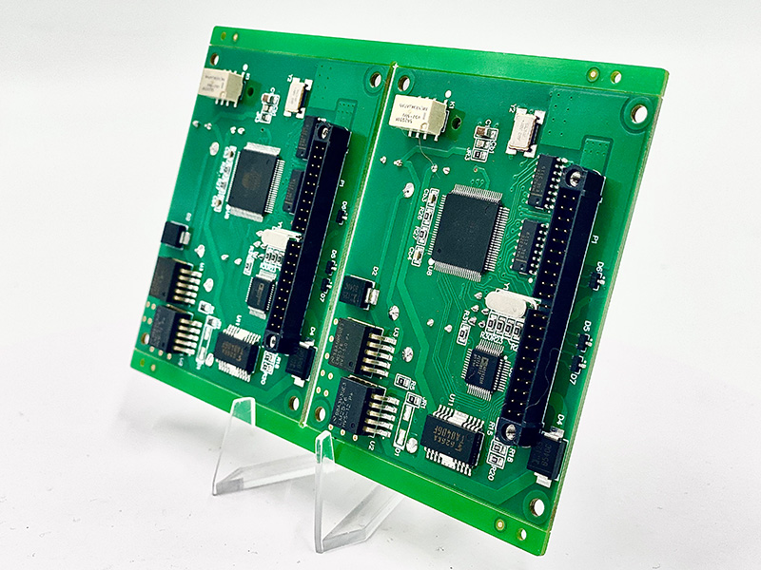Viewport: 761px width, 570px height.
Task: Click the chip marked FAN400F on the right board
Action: pyautogui.click(x=453, y=439)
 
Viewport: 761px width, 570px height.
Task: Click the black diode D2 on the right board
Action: pyautogui.click(x=361, y=291)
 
